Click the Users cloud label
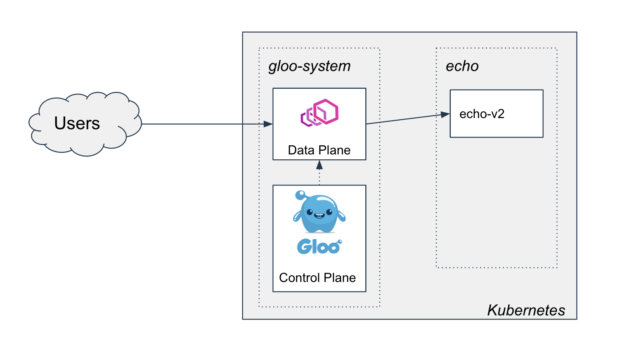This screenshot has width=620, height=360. tap(77, 123)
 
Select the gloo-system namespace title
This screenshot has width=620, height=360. tap(309, 66)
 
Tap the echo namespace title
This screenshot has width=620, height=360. tap(462, 66)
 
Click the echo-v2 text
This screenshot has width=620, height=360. tap(482, 114)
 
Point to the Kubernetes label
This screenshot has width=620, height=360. tap(526, 310)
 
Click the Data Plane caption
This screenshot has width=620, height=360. tap(319, 150)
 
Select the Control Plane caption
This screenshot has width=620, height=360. tap(317, 278)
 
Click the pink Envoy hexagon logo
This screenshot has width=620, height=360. tap(319, 112)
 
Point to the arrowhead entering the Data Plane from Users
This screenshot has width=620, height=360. tap(268, 124)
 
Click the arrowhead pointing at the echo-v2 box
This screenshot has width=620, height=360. tap(445, 114)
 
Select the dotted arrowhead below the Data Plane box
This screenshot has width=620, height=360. tap(319, 165)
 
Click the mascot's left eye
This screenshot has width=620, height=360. tap(310, 213)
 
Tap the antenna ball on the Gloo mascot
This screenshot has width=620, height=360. tap(300, 194)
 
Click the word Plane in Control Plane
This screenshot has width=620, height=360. tap(340, 278)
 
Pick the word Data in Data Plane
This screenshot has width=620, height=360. tap(301, 150)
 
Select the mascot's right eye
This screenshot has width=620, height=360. tap(329, 212)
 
